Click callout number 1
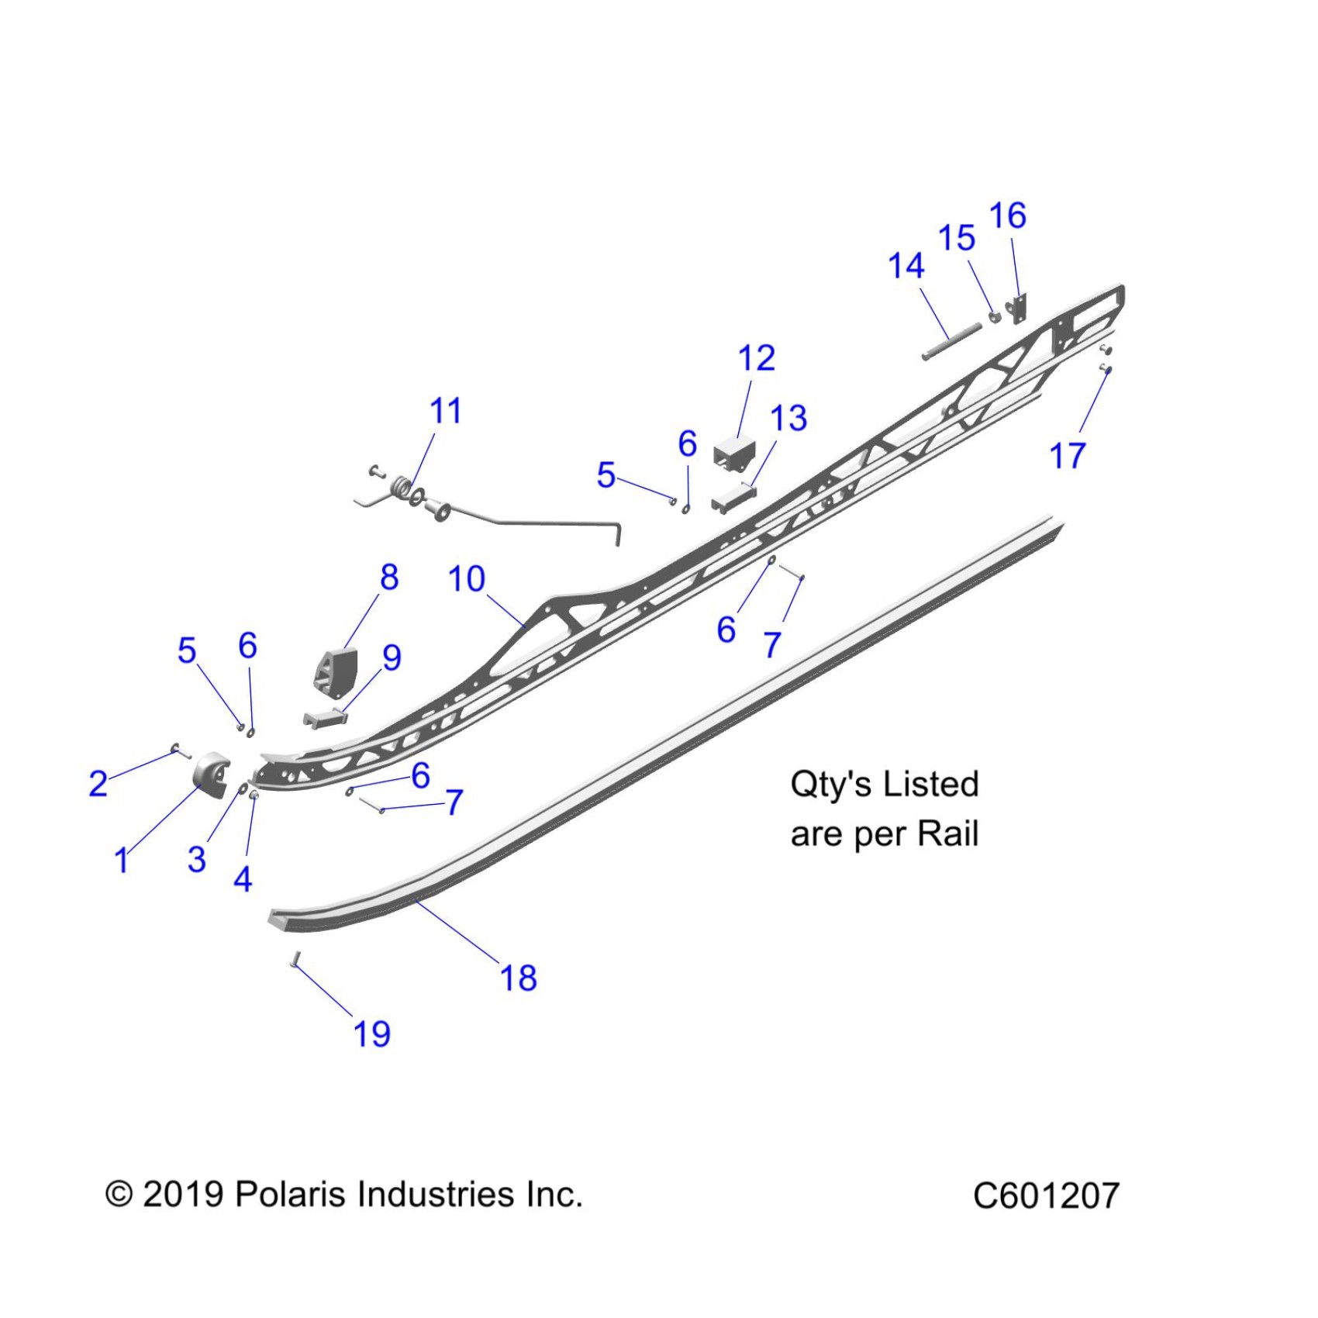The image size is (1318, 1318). click(122, 860)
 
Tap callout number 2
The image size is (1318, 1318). click(98, 783)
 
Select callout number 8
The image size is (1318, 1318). click(389, 577)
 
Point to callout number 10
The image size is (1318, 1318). click(467, 579)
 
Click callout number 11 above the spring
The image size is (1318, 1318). click(446, 411)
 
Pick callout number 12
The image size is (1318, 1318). click(757, 358)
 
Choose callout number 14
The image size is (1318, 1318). click(906, 266)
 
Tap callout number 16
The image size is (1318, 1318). click(1008, 216)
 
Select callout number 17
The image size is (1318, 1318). click(1068, 456)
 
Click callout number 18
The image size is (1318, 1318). click(519, 978)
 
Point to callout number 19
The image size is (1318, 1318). click(372, 1033)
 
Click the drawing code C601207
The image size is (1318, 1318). click(1046, 1195)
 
